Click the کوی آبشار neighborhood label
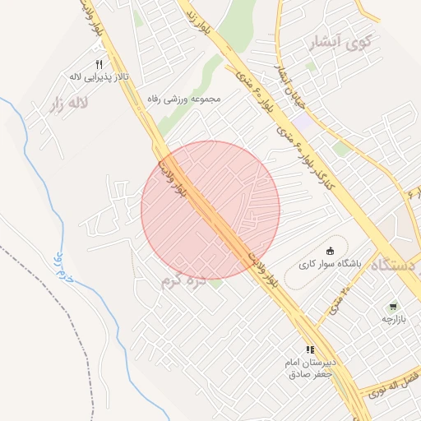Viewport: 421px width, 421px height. coord(338,41)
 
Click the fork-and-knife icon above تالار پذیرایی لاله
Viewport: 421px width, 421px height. coord(99,64)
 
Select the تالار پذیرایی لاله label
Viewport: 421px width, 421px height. coord(98,77)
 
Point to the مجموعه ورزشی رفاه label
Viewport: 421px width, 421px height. coord(184,99)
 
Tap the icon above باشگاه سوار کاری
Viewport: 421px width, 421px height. coord(331,251)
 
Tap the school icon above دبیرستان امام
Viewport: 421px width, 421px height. coord(310,350)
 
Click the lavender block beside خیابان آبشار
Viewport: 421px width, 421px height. coord(303,122)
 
